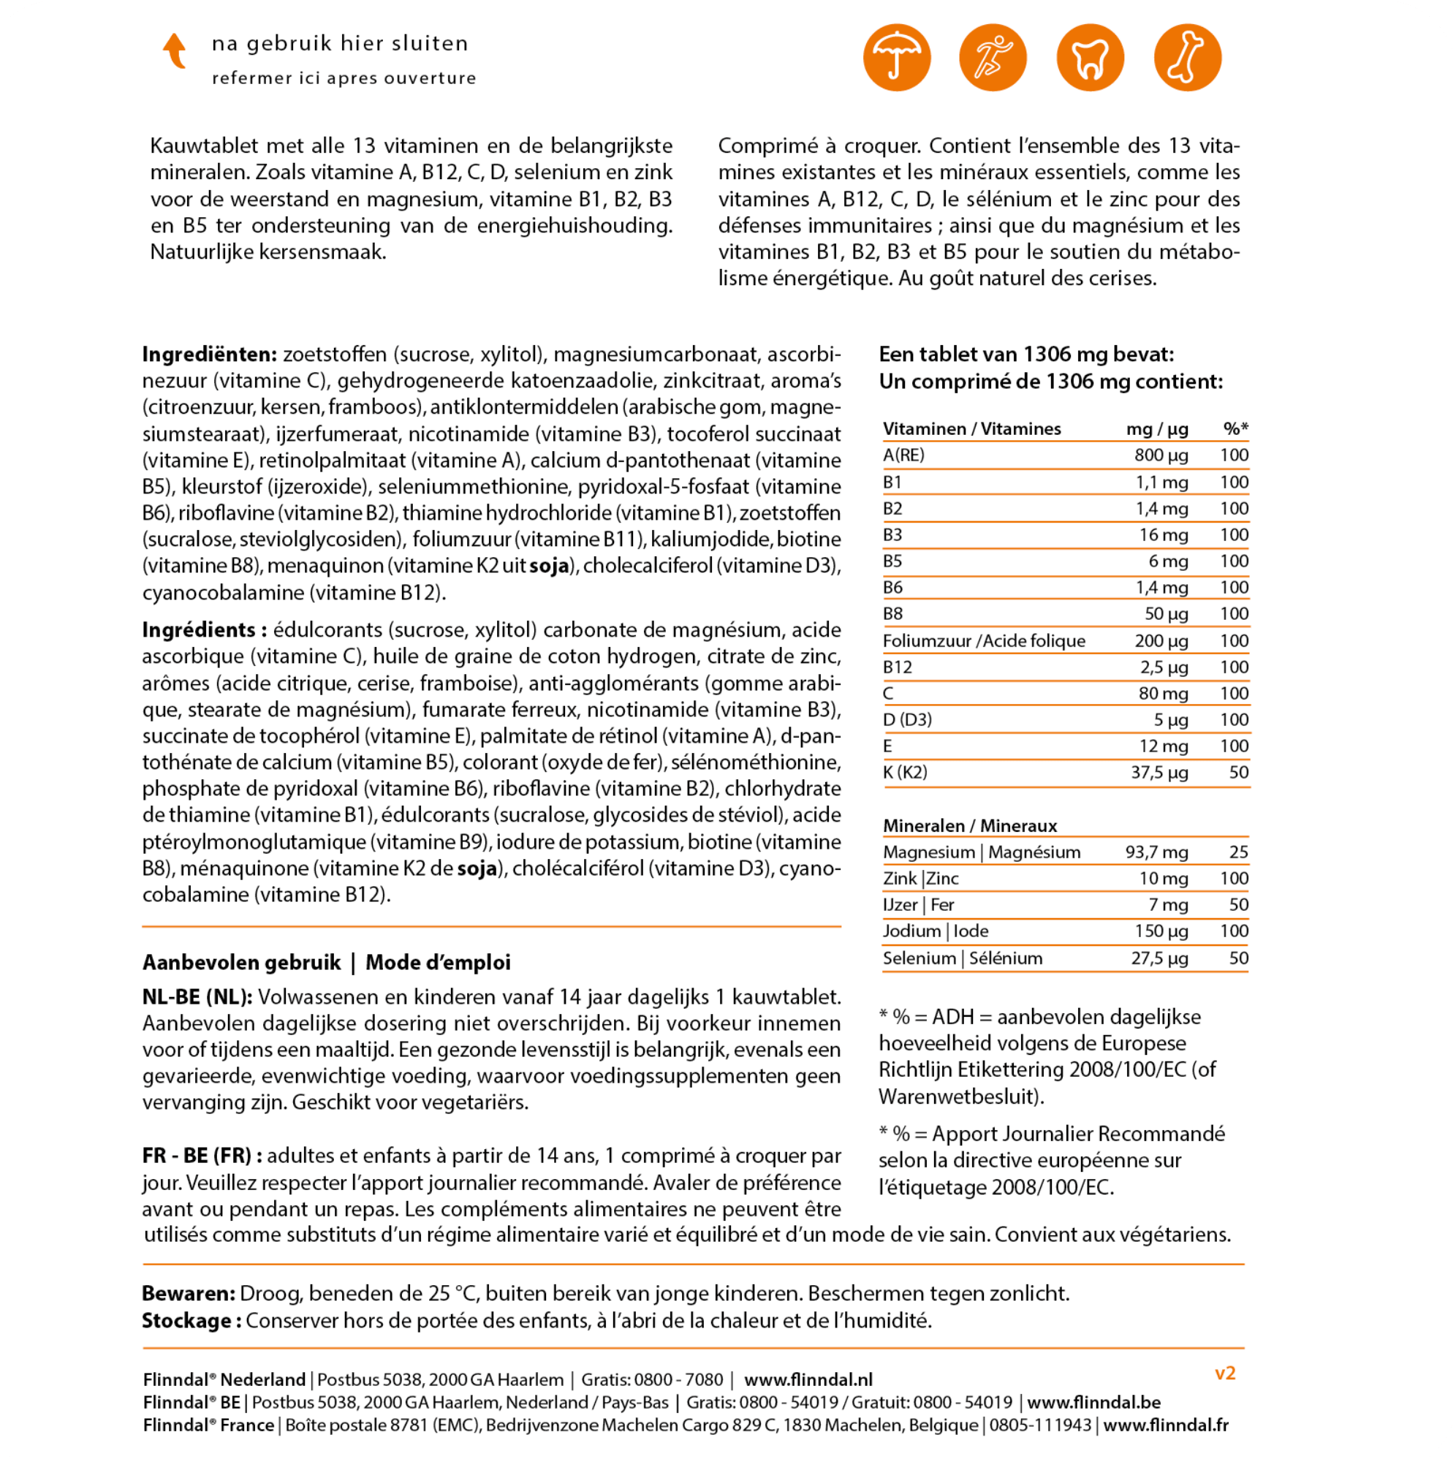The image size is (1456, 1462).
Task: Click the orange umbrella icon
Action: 897,58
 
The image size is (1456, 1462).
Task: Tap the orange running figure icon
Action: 993,58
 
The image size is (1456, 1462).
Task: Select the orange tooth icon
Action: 1090,58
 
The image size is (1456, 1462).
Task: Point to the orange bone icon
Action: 1187,58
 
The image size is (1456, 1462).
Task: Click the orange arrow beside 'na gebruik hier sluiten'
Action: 175,50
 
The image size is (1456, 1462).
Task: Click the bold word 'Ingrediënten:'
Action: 210,354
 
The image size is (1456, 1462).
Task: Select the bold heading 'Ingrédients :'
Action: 205,629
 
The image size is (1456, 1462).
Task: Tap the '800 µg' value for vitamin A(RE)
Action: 1161,455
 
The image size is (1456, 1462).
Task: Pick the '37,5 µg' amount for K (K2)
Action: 1159,772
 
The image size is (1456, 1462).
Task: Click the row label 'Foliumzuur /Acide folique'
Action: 984,640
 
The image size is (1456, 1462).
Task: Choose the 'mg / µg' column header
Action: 1157,429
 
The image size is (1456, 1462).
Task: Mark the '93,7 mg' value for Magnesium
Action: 1156,852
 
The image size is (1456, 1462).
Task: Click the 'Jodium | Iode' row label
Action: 936,931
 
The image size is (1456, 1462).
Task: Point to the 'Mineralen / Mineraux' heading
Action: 970,825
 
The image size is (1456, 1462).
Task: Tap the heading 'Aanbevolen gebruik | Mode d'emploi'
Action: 326,963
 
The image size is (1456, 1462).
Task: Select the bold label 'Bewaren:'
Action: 189,1293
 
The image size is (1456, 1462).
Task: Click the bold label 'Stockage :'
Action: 192,1320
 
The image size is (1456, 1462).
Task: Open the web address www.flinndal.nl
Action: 808,1379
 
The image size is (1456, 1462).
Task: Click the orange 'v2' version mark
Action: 1224,1374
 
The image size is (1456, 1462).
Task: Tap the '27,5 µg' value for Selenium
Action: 1159,958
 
